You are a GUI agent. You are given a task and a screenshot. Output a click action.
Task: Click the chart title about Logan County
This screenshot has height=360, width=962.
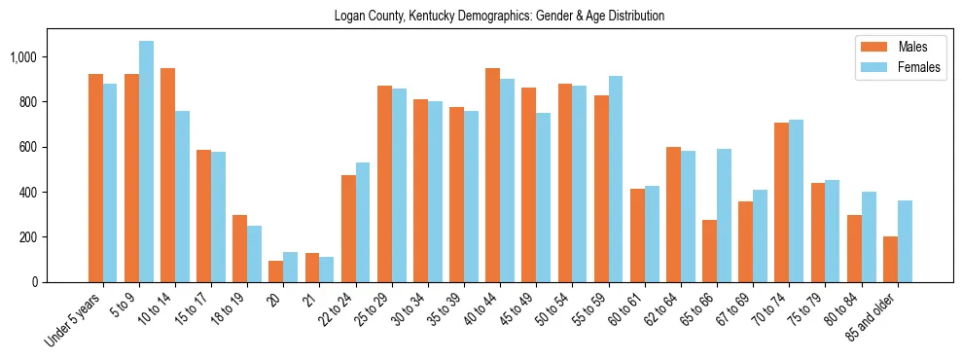[x=499, y=17]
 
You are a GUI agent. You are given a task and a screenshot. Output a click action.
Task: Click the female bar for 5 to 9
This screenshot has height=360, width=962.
[x=146, y=162]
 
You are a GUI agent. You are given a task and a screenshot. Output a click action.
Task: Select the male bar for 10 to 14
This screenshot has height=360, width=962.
[x=167, y=175]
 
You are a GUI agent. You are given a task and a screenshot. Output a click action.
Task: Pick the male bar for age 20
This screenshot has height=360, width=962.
[x=276, y=271]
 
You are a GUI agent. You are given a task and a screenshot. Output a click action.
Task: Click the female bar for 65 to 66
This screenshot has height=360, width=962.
[x=724, y=215]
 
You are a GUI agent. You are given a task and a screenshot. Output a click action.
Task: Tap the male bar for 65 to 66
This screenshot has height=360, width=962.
[x=709, y=251]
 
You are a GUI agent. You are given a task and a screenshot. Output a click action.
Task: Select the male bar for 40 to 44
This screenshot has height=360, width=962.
[x=493, y=175]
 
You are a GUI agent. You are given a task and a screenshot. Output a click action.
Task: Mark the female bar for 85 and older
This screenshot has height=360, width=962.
[x=905, y=241]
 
